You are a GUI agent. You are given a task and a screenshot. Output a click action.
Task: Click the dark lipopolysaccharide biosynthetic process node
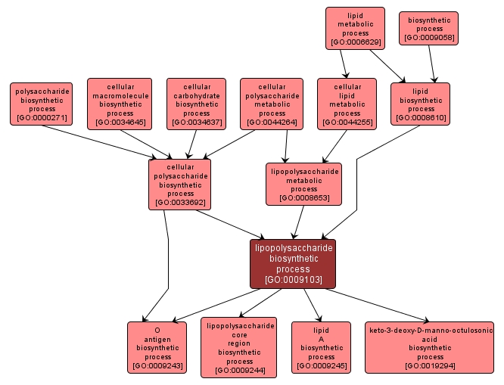pyautogui.click(x=292, y=263)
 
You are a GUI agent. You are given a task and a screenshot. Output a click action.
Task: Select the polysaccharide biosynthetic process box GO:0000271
pyautogui.click(x=42, y=104)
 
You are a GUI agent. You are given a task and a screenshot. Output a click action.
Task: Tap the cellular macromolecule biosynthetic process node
pyautogui.click(x=120, y=104)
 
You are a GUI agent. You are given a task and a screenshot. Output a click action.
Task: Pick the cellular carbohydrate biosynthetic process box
pyautogui.click(x=197, y=104)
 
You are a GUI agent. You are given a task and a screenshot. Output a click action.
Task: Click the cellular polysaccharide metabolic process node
pyautogui.click(x=272, y=104)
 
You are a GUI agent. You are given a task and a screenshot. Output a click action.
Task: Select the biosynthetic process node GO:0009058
pyautogui.click(x=429, y=29)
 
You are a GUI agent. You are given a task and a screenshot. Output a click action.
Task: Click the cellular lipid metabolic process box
pyautogui.click(x=347, y=104)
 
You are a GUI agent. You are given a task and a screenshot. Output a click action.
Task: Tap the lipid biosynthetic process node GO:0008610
pyautogui.click(x=421, y=104)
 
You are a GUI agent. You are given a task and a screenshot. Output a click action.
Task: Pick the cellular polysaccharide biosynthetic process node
pyautogui.click(x=179, y=184)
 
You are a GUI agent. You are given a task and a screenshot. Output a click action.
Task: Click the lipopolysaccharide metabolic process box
pyautogui.click(x=303, y=184)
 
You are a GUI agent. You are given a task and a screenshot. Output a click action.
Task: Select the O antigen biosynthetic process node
pyautogui.click(x=157, y=348)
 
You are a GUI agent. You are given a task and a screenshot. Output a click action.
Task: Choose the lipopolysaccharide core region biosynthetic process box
pyautogui.click(x=239, y=347)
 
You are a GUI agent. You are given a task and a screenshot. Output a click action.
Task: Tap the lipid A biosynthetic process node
pyautogui.click(x=321, y=348)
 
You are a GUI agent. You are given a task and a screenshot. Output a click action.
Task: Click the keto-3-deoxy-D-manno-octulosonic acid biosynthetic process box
pyautogui.click(x=430, y=348)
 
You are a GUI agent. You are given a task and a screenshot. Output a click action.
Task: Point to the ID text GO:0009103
pyautogui.click(x=293, y=280)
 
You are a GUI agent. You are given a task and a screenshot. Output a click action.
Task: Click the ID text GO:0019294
pyautogui.click(x=430, y=366)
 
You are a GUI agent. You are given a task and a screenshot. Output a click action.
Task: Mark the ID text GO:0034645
pyautogui.click(x=120, y=122)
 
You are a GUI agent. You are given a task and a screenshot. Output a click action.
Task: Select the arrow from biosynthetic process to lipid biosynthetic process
pyautogui.click(x=432, y=64)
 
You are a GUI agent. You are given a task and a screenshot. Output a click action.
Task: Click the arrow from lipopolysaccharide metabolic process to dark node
pyautogui.click(x=298, y=222)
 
